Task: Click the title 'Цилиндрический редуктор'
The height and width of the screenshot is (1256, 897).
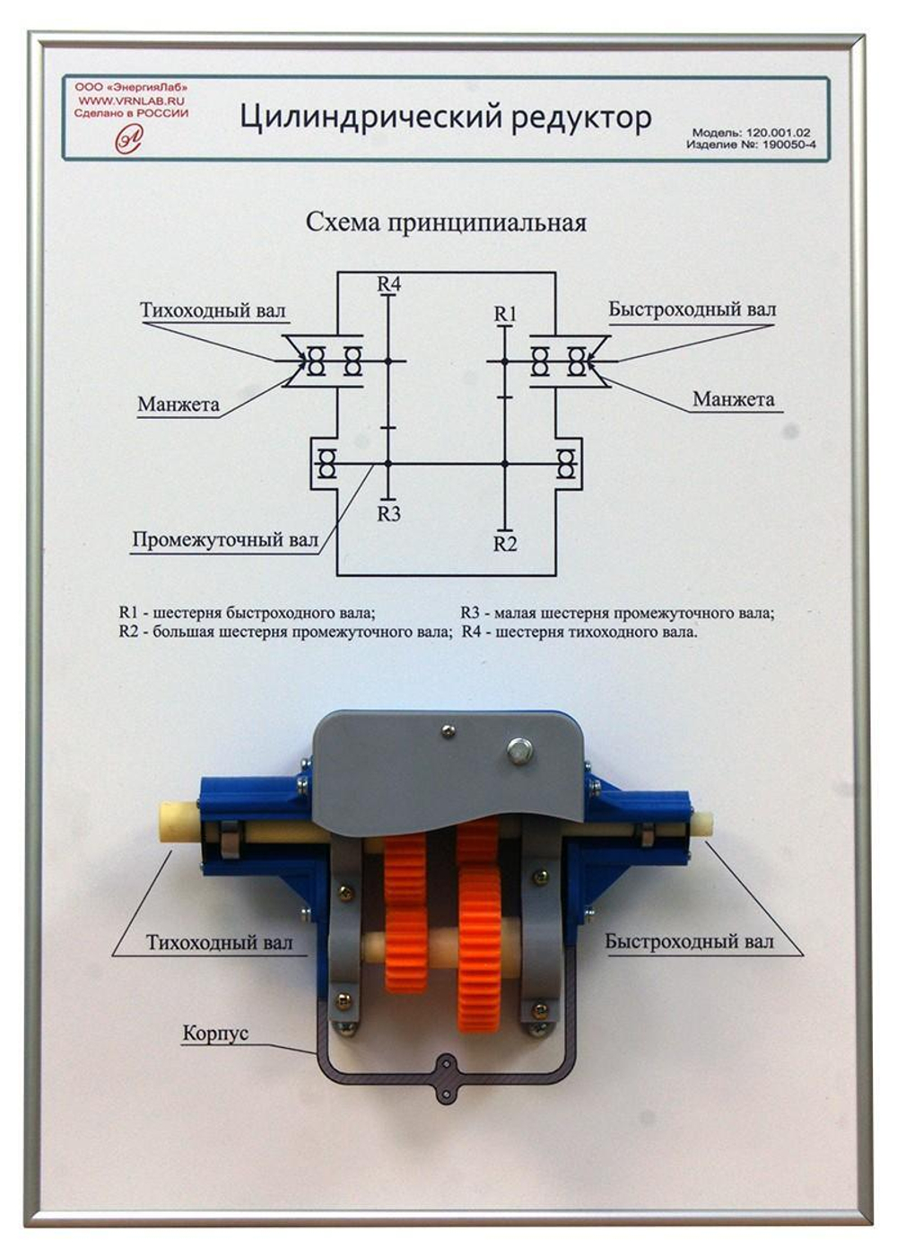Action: [x=445, y=117]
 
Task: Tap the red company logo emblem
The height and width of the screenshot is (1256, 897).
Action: [x=129, y=137]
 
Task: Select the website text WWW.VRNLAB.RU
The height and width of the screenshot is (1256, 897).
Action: [x=131, y=101]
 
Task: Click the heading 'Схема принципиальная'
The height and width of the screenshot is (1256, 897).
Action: [x=446, y=222]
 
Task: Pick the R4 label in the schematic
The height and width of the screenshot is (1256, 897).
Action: [x=388, y=283]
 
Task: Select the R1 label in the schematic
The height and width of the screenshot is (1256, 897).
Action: [x=505, y=313]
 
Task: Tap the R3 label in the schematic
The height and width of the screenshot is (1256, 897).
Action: [x=388, y=514]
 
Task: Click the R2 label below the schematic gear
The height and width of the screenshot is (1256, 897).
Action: [x=505, y=544]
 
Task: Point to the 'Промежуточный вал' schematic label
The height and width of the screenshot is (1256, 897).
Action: [x=225, y=540]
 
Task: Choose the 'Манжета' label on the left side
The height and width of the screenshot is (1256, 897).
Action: [x=179, y=405]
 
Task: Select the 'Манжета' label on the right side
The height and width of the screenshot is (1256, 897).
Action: [x=733, y=399]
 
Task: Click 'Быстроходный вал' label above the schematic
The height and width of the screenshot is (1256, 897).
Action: [x=692, y=310]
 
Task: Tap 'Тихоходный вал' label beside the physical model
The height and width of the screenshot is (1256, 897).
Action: [x=219, y=943]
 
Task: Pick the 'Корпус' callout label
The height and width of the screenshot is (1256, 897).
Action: [x=215, y=1034]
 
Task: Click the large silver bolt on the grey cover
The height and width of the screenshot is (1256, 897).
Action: [x=519, y=750]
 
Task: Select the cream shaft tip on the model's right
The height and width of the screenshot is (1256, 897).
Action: [x=701, y=823]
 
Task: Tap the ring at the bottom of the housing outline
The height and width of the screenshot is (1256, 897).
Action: [x=446, y=1066]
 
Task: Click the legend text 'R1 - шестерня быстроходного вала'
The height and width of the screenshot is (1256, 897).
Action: [x=247, y=614]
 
